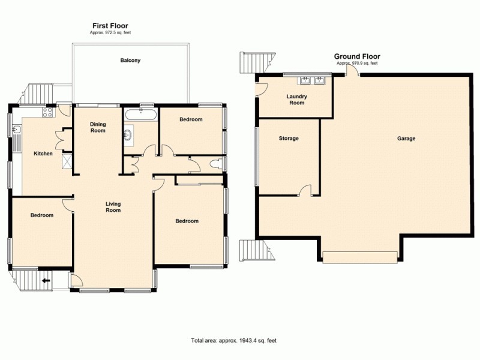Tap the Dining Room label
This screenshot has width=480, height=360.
pos(98,127)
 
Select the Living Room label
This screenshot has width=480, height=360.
pos(113,207)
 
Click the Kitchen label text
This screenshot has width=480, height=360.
pos(43,154)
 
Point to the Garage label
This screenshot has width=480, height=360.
pos(406,139)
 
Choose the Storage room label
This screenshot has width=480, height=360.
pos(289,139)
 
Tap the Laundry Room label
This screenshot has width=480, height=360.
pos(296,100)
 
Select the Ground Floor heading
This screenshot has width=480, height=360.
pos(357,57)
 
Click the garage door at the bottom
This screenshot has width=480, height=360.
pos(359,257)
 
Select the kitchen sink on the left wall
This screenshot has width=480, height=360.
pos(17,130)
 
